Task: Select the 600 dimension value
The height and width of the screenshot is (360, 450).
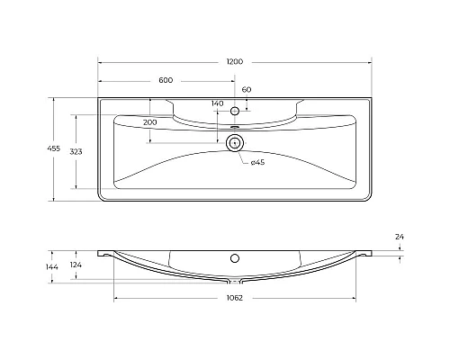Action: (x=166, y=80)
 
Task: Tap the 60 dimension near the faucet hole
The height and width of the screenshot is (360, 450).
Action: (x=246, y=90)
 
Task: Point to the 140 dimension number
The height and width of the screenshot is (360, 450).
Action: (x=217, y=104)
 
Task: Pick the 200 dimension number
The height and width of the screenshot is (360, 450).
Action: (x=149, y=121)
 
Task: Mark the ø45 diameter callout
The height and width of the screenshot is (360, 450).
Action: (x=256, y=162)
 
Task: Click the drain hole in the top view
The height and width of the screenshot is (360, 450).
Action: (x=235, y=142)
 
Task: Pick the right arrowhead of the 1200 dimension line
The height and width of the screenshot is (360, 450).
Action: (x=368, y=61)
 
